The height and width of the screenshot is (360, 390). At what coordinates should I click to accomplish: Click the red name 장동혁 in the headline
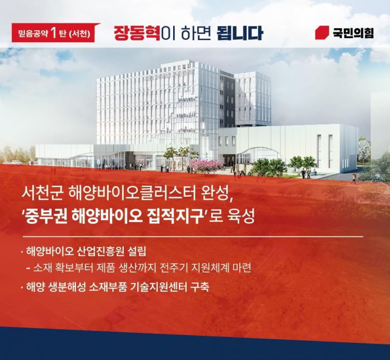(x=137, y=34)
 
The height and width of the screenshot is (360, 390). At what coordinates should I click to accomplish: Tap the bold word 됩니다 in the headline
(x=240, y=34)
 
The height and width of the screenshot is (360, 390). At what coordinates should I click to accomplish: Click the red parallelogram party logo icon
(x=322, y=33)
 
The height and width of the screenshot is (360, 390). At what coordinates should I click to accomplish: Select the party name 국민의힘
(x=353, y=33)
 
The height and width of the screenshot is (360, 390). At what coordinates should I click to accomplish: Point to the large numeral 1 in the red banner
(x=53, y=33)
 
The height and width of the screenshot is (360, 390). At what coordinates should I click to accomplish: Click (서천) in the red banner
(x=79, y=34)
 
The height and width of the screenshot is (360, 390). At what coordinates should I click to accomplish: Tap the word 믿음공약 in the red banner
(x=33, y=34)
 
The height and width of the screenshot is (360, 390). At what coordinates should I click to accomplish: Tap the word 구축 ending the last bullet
(x=200, y=287)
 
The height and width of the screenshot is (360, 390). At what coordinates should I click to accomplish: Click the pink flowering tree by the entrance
(x=206, y=165)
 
